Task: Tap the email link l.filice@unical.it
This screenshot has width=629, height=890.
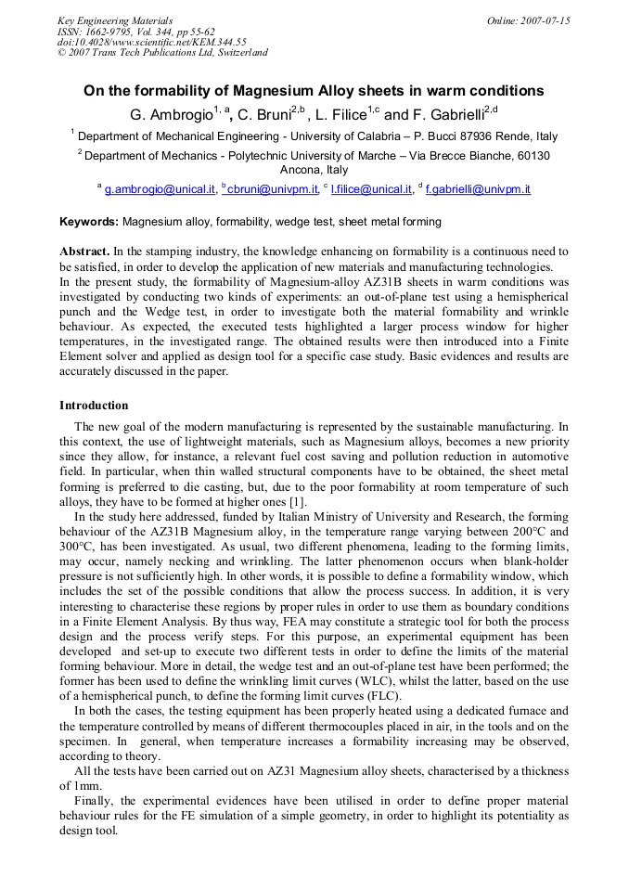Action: click(x=371, y=189)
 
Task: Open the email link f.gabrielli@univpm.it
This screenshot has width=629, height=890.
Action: click(x=478, y=189)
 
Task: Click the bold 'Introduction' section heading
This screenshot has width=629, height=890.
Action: click(x=94, y=406)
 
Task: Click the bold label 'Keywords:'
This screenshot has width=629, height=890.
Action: click(x=89, y=222)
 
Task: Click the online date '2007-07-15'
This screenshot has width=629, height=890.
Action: click(x=546, y=20)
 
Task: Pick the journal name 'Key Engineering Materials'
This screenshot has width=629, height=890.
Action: click(x=114, y=20)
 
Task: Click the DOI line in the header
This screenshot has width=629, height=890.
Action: click(x=151, y=42)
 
